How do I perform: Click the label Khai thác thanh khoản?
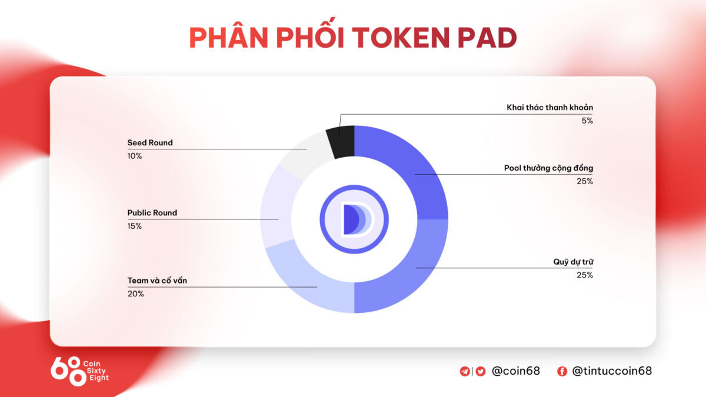click(550, 107)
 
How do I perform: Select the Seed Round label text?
click(150, 142)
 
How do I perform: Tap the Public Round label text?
click(152, 213)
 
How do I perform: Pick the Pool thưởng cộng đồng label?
click(548, 168)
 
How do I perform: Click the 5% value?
click(586, 121)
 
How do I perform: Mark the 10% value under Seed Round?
click(134, 156)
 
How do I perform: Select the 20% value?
click(135, 293)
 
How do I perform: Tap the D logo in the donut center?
click(354, 219)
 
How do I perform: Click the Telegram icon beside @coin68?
click(465, 371)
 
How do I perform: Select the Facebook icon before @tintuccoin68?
click(562, 371)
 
